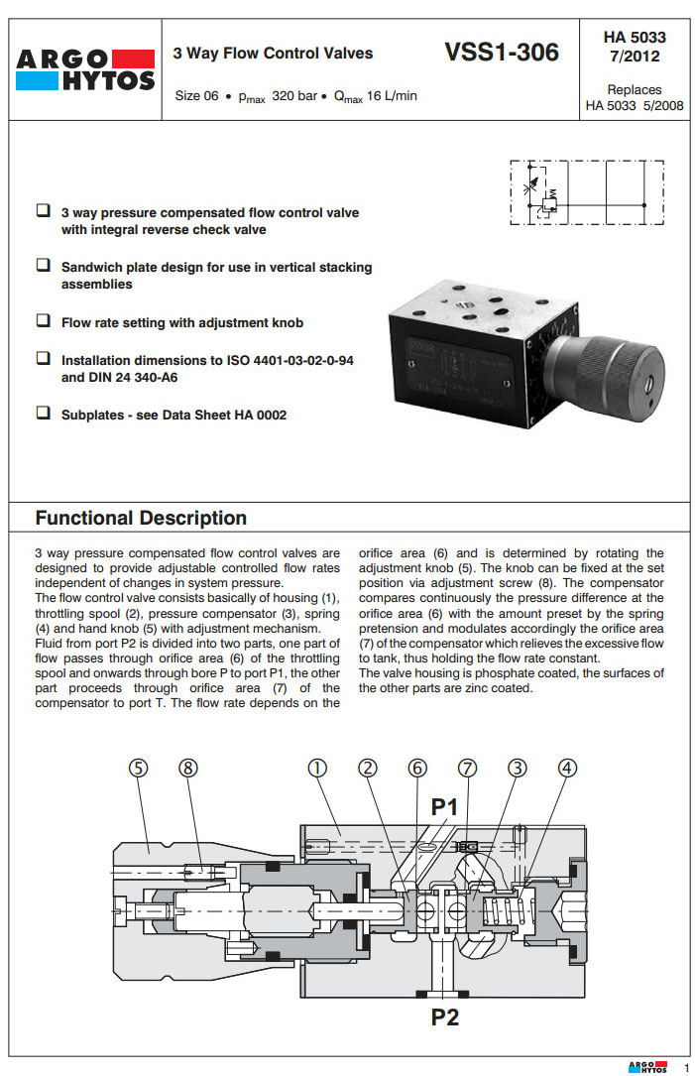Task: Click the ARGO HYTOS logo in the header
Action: tap(85, 69)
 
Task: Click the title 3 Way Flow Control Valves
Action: tap(273, 53)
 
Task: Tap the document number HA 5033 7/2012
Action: tap(635, 47)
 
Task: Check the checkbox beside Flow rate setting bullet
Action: tap(44, 321)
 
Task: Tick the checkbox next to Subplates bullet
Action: tap(44, 414)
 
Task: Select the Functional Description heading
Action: tap(141, 518)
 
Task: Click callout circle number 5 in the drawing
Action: tap(140, 768)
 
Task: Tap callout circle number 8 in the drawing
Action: tap(189, 768)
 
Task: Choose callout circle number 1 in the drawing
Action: tap(316, 768)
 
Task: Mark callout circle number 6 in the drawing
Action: tap(417, 768)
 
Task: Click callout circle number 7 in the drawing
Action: tap(467, 768)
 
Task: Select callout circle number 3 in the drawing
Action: tap(517, 768)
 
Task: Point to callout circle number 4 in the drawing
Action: tap(567, 768)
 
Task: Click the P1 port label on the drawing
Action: tap(443, 808)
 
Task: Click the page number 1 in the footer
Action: tap(685, 1066)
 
